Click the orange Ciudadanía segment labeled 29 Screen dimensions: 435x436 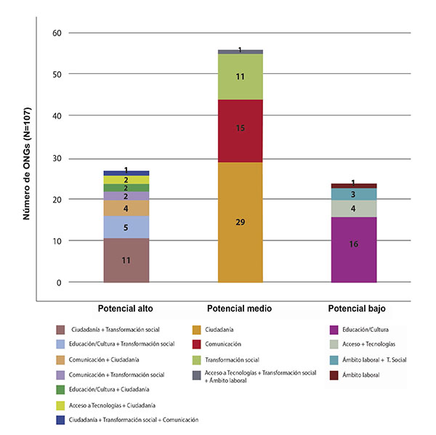[241, 221]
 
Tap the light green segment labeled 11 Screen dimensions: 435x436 [241, 76]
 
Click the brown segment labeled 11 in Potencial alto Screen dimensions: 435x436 [126, 260]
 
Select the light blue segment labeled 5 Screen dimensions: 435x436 [126, 227]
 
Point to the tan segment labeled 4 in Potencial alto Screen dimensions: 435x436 [126, 208]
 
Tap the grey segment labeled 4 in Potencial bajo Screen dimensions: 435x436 [354, 208]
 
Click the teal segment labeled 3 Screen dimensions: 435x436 [354, 194]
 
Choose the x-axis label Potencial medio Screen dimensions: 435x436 [240, 309]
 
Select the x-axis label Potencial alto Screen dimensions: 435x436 [126, 309]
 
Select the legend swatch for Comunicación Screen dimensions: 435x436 [196, 343]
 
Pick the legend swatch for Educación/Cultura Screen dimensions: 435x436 [333, 329]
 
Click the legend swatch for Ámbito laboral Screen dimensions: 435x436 [333, 375]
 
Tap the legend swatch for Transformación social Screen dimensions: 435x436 [196, 359]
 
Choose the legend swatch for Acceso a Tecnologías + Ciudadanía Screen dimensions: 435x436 [61, 404]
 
